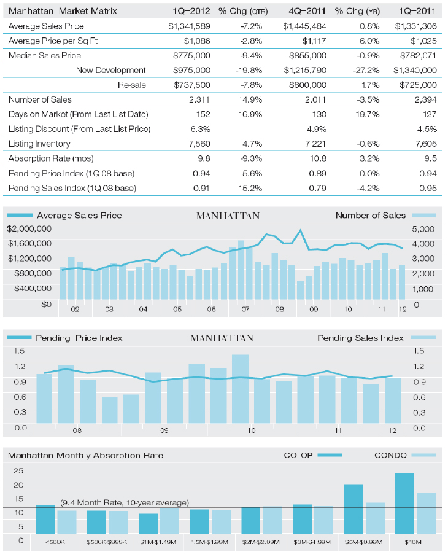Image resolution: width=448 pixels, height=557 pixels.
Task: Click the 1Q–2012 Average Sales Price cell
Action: coord(189,26)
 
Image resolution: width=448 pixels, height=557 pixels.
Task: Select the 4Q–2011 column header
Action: coord(307,11)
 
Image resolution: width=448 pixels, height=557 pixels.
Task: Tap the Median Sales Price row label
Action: coord(45,55)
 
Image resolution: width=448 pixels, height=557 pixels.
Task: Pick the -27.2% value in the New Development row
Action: coord(366,71)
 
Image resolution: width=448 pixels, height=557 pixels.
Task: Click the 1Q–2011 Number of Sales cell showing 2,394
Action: coord(426,100)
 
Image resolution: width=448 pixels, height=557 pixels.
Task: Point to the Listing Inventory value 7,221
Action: coord(315,144)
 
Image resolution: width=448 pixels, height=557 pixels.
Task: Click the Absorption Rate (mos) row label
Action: coord(51,158)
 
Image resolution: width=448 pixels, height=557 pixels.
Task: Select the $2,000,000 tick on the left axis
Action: coord(29,229)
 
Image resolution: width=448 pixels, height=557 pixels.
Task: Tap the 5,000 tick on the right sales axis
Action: coord(423,229)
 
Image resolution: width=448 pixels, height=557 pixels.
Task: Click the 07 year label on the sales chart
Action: coord(245,310)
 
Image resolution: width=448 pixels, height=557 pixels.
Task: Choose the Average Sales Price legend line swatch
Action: coord(20,216)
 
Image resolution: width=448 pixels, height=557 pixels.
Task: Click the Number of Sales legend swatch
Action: coord(424,216)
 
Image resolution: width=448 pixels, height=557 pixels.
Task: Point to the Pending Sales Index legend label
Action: coord(360,338)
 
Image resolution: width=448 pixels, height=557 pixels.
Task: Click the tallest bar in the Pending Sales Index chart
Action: coord(241,389)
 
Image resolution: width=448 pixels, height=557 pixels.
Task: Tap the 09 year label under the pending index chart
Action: coord(164,430)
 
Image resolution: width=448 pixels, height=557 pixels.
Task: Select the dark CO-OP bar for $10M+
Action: coord(404,504)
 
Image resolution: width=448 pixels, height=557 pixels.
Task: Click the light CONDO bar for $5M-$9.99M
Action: coord(375,518)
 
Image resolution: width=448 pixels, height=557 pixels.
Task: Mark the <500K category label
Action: coord(55,542)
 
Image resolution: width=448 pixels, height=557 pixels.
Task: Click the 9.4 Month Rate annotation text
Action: coord(125,502)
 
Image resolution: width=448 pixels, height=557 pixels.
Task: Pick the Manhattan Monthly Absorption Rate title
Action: coord(85,456)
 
